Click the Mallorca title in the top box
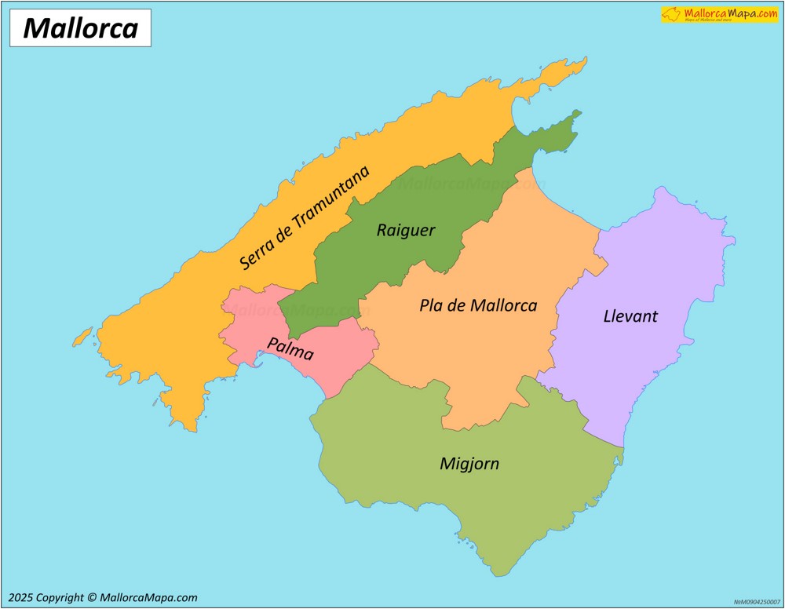point(80,28)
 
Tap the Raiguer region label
point(405,230)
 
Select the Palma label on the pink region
point(290,348)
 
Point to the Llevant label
point(630,316)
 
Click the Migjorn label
point(469,463)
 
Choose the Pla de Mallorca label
point(478,305)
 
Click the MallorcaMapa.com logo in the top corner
point(719,14)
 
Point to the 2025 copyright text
point(103,598)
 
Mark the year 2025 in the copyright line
point(21,598)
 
